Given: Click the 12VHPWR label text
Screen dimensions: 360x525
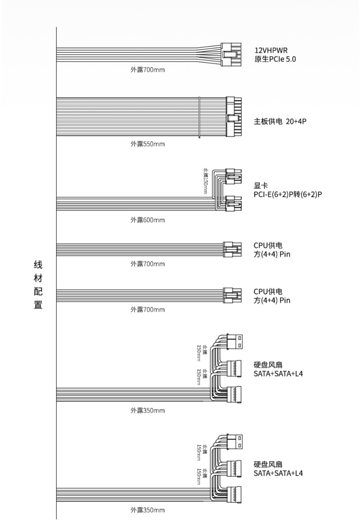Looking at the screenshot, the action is pyautogui.click(x=271, y=50).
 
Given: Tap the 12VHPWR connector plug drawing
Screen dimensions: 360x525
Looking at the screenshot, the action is pyautogui.click(x=231, y=54).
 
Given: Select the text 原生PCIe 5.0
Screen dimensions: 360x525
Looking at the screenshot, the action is pyautogui.click(x=275, y=59).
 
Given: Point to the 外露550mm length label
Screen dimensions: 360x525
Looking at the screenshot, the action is pyautogui.click(x=148, y=144).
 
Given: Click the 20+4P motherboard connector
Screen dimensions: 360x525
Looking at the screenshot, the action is pyautogui.click(x=234, y=117).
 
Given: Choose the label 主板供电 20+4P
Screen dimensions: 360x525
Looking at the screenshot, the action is pyautogui.click(x=280, y=121).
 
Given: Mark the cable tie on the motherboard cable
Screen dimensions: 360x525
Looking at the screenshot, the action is pyautogui.click(x=199, y=117).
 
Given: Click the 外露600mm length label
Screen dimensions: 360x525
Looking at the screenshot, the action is pyautogui.click(x=148, y=220).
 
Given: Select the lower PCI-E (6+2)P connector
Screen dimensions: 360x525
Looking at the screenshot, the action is pyautogui.click(x=233, y=203).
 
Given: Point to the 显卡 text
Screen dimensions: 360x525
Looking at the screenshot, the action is pyautogui.click(x=261, y=186).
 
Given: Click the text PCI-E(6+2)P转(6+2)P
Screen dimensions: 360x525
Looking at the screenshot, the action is pyautogui.click(x=288, y=194).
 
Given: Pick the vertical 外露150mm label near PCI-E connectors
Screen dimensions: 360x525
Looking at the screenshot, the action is pyautogui.click(x=206, y=181).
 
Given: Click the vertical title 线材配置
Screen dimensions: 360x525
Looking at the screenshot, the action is pyautogui.click(x=38, y=285).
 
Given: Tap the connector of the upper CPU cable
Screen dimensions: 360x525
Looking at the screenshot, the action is pyautogui.click(x=232, y=249).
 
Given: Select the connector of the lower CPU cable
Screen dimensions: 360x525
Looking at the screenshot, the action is pyautogui.click(x=232, y=295).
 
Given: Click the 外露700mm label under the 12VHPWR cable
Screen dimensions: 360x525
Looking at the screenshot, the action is pyautogui.click(x=148, y=70).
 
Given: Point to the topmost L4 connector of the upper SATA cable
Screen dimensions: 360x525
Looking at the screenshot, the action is pyautogui.click(x=235, y=342).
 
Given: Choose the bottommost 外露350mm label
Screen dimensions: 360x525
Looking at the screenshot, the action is pyautogui.click(x=148, y=510).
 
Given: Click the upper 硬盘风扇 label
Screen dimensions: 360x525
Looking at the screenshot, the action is pyautogui.click(x=268, y=365).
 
